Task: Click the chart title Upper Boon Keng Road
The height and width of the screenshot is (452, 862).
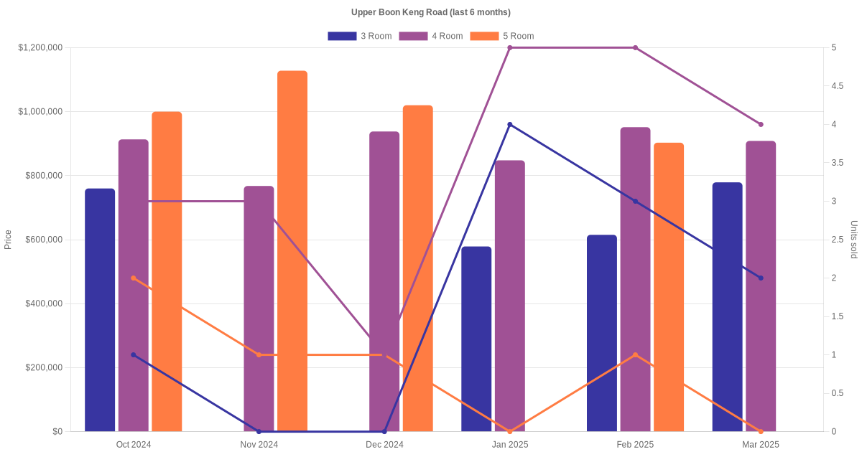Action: click(430, 12)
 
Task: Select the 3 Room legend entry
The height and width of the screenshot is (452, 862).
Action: click(359, 36)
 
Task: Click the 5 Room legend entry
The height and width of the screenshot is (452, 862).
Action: click(501, 36)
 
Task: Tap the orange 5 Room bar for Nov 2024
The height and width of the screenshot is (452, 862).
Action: click(292, 251)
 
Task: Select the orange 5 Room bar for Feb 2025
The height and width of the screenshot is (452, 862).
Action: click(669, 287)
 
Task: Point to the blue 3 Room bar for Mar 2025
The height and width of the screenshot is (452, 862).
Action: click(728, 307)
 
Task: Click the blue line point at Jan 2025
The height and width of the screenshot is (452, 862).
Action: click(510, 124)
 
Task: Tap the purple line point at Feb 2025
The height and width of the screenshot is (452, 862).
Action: click(635, 47)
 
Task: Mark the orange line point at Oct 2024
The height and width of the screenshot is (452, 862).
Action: click(134, 278)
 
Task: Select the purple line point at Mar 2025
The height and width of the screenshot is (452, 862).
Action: click(761, 124)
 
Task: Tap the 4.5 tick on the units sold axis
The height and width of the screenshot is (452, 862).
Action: click(837, 86)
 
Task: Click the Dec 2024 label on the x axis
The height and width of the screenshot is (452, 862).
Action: click(384, 445)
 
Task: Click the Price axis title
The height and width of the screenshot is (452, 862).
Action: click(8, 240)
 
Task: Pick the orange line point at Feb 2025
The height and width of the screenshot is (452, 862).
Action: click(635, 354)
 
